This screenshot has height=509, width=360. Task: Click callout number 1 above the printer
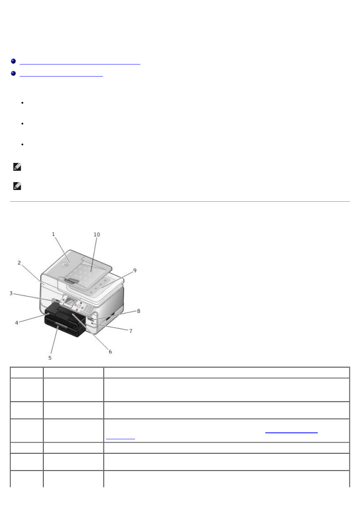[53, 234]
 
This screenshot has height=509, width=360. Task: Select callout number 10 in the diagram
[97, 235]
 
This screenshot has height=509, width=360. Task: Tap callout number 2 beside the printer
[19, 263]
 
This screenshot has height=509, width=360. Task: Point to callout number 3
[11, 293]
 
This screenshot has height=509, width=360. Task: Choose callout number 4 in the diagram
[17, 323]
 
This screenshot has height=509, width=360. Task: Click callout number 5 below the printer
[50, 358]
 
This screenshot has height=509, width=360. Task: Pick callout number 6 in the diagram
[110, 351]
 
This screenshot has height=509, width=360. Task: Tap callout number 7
[131, 331]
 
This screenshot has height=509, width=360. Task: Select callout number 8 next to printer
[138, 311]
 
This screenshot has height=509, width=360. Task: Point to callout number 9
[135, 270]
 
